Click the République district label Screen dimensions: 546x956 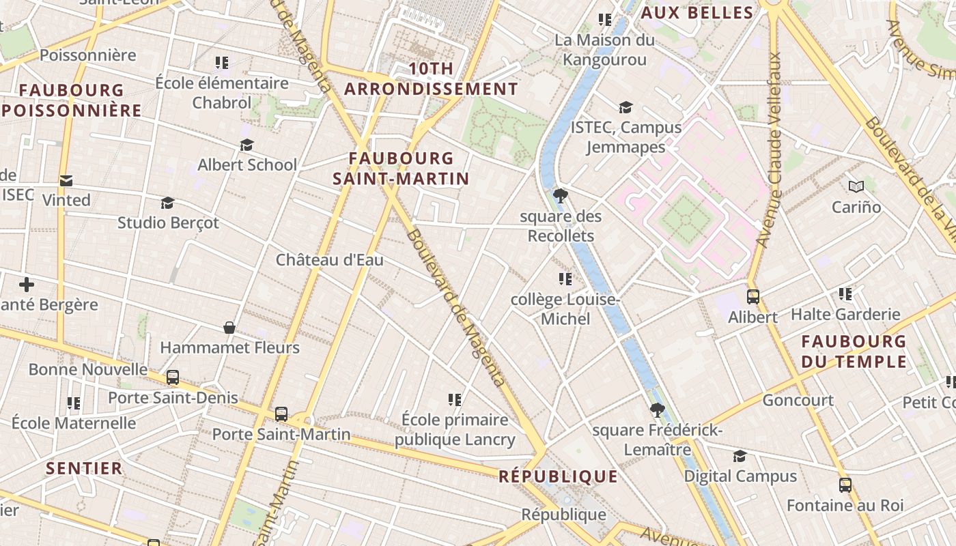[x=558, y=476]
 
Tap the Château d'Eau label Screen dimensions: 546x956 [x=329, y=260]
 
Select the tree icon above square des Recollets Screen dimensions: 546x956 [x=561, y=197]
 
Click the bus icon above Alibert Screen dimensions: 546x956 [x=753, y=297]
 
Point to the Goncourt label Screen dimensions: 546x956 [x=798, y=400]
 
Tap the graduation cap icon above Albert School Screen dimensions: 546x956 [x=247, y=145]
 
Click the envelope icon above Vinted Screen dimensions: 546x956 [x=66, y=181]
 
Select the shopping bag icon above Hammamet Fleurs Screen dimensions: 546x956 [x=229, y=328]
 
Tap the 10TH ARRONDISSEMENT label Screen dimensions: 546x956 [x=431, y=78]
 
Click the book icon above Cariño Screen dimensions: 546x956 [x=856, y=186]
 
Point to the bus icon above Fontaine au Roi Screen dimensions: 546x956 [x=845, y=485]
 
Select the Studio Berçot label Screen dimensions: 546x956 [x=168, y=222]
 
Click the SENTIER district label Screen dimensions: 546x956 [x=84, y=468]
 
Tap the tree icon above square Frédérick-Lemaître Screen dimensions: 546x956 [x=657, y=410]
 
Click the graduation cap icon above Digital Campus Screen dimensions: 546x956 [x=740, y=456]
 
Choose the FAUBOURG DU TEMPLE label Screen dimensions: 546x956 [x=854, y=351]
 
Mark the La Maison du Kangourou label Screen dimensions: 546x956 [x=604, y=50]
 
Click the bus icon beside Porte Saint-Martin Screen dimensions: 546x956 [x=281, y=414]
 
